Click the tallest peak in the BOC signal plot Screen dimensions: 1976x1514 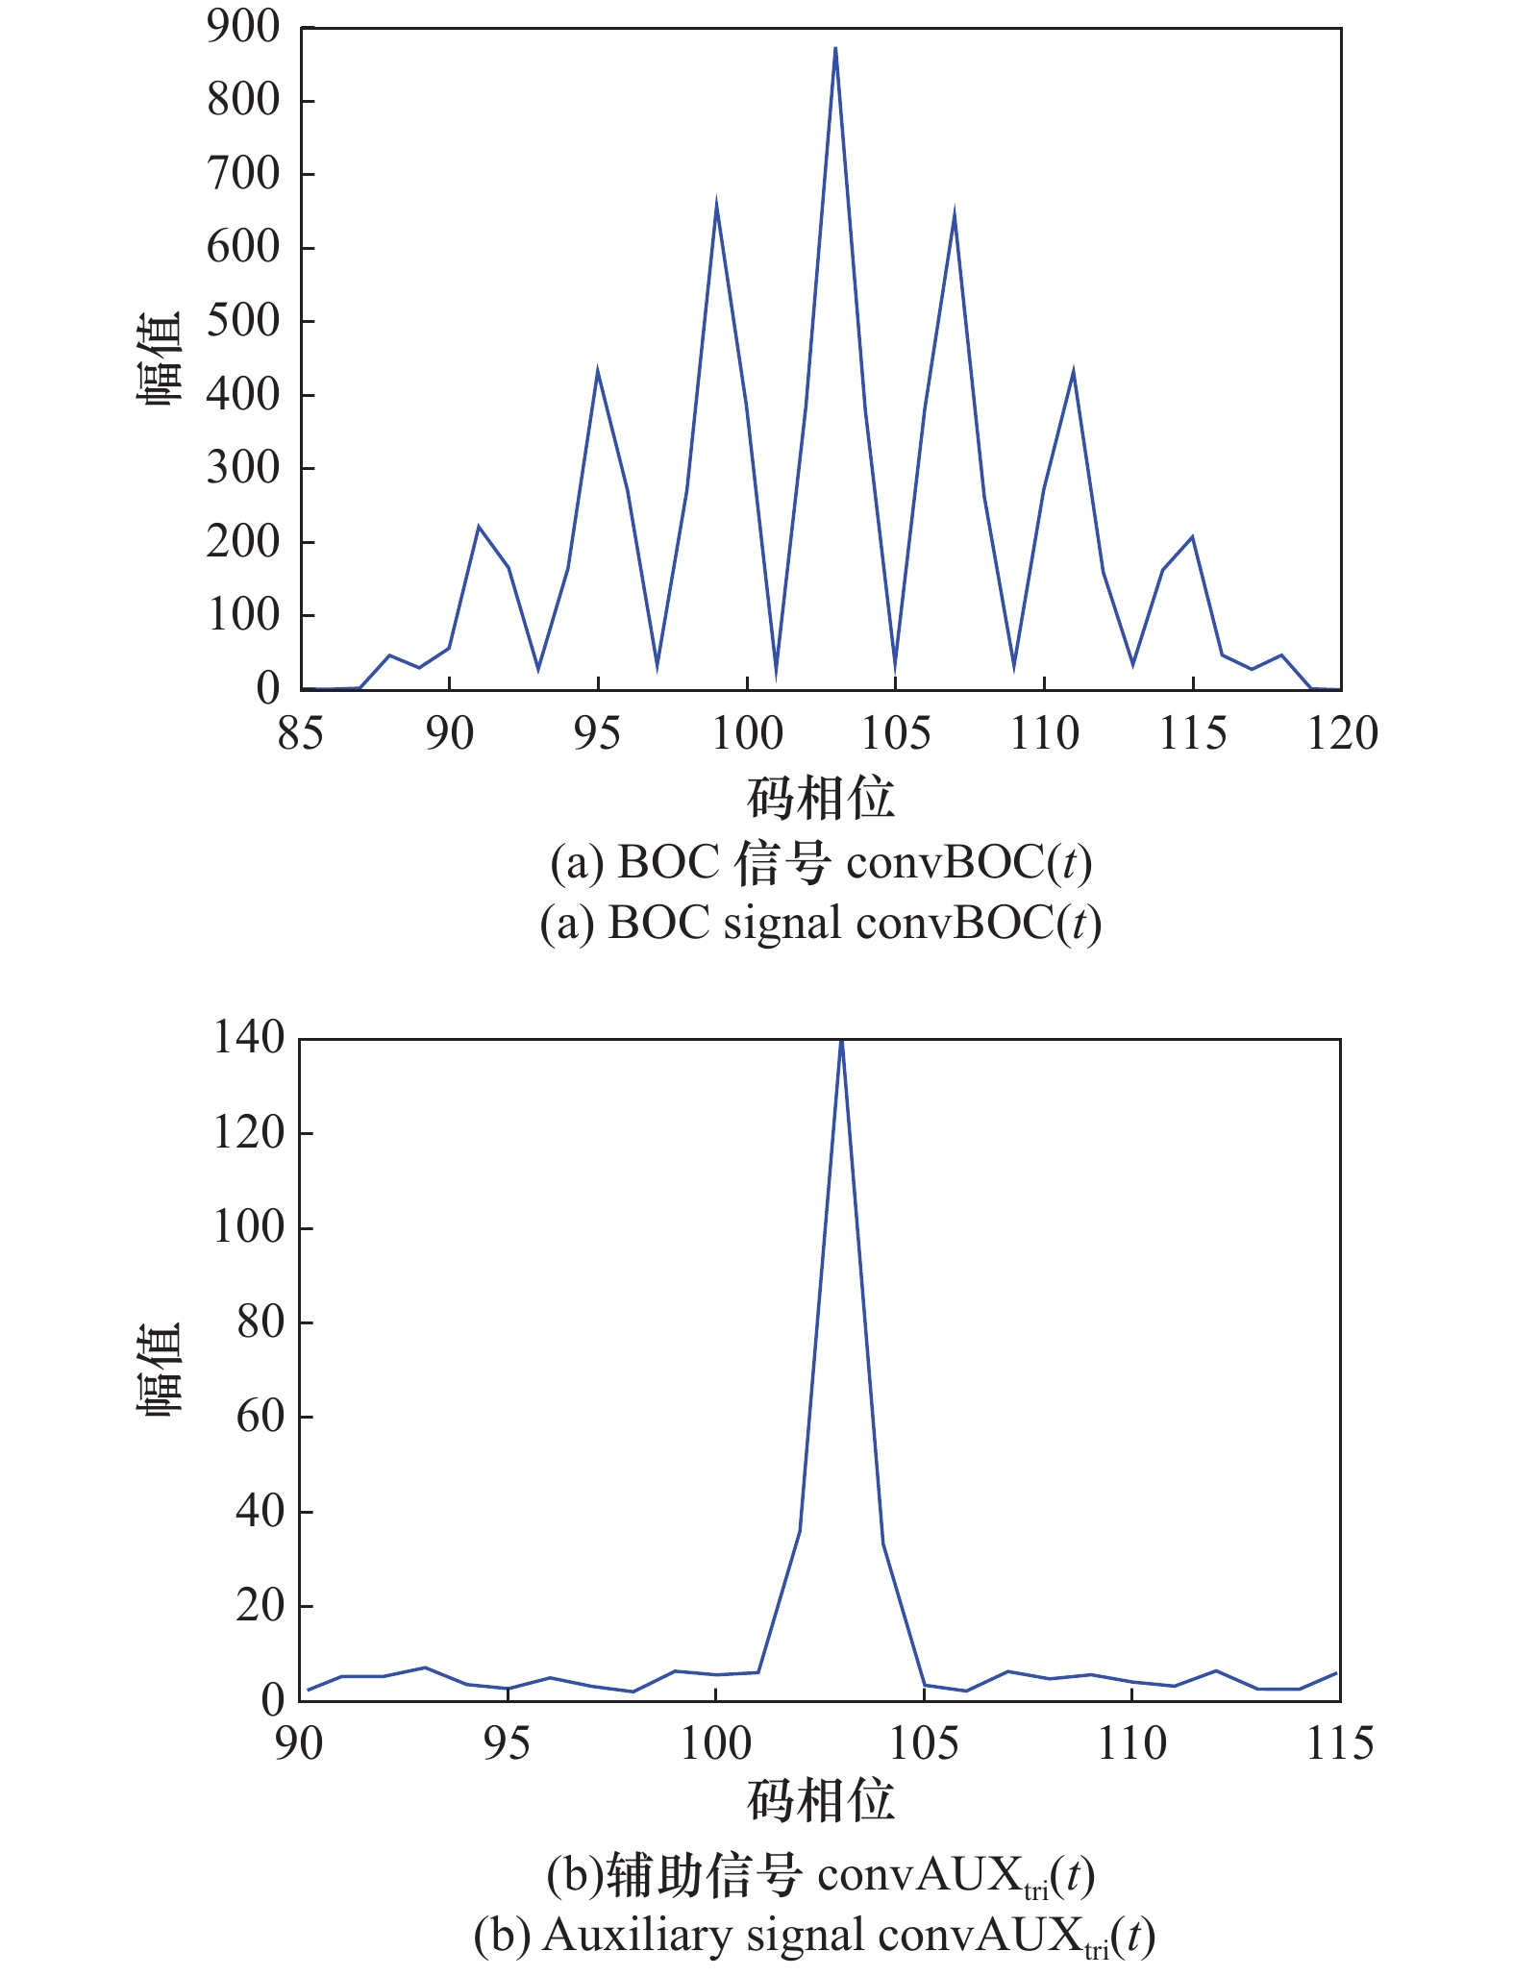(835, 48)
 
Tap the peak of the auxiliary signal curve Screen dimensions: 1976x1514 (841, 1041)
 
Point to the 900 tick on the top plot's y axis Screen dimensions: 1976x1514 (242, 27)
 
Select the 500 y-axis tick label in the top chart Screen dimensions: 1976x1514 (242, 321)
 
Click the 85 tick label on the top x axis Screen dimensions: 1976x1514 (301, 734)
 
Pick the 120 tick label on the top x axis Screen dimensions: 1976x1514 (1342, 734)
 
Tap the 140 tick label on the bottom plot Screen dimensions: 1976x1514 (249, 1038)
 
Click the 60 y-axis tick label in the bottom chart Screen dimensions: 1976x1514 (261, 1417)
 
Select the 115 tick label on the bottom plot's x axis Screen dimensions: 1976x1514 (1339, 1743)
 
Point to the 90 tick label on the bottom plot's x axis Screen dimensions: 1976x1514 (299, 1743)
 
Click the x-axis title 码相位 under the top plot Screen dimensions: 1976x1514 (821, 798)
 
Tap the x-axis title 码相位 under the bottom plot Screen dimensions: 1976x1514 (821, 1800)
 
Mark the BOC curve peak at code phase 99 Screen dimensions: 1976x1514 (716, 202)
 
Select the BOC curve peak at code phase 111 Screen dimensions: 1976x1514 (1073, 372)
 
